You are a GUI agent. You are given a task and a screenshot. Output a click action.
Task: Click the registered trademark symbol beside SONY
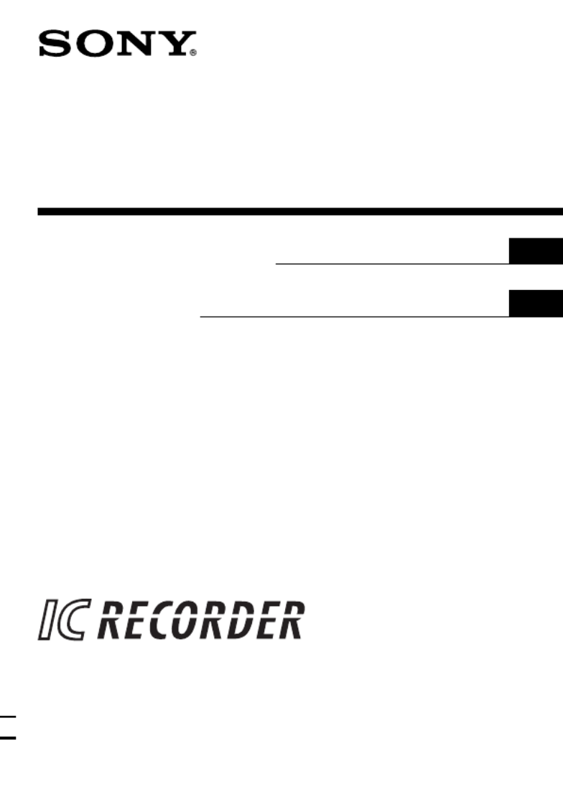coord(193,52)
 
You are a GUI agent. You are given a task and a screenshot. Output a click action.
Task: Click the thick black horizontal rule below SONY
coord(300,211)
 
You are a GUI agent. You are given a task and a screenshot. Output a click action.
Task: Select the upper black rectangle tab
coord(536,251)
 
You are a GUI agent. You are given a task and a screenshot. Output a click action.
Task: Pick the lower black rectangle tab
coord(536,304)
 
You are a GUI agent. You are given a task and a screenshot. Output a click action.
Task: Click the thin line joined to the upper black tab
coord(393,264)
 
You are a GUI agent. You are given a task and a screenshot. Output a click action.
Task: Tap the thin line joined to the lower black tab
coord(355,317)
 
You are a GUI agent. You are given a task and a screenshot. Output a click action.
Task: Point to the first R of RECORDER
coord(111,620)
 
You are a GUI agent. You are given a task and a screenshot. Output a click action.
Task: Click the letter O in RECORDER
coord(188,620)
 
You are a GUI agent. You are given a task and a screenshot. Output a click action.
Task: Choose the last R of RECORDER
coord(290,620)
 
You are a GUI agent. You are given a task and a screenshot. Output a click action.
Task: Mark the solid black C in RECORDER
coord(162,620)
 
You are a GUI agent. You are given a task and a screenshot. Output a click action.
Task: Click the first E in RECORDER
coord(137,620)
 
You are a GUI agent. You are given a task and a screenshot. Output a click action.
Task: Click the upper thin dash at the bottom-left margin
coord(8,717)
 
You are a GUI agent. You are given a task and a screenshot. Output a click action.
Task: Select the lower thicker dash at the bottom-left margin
coord(8,737)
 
